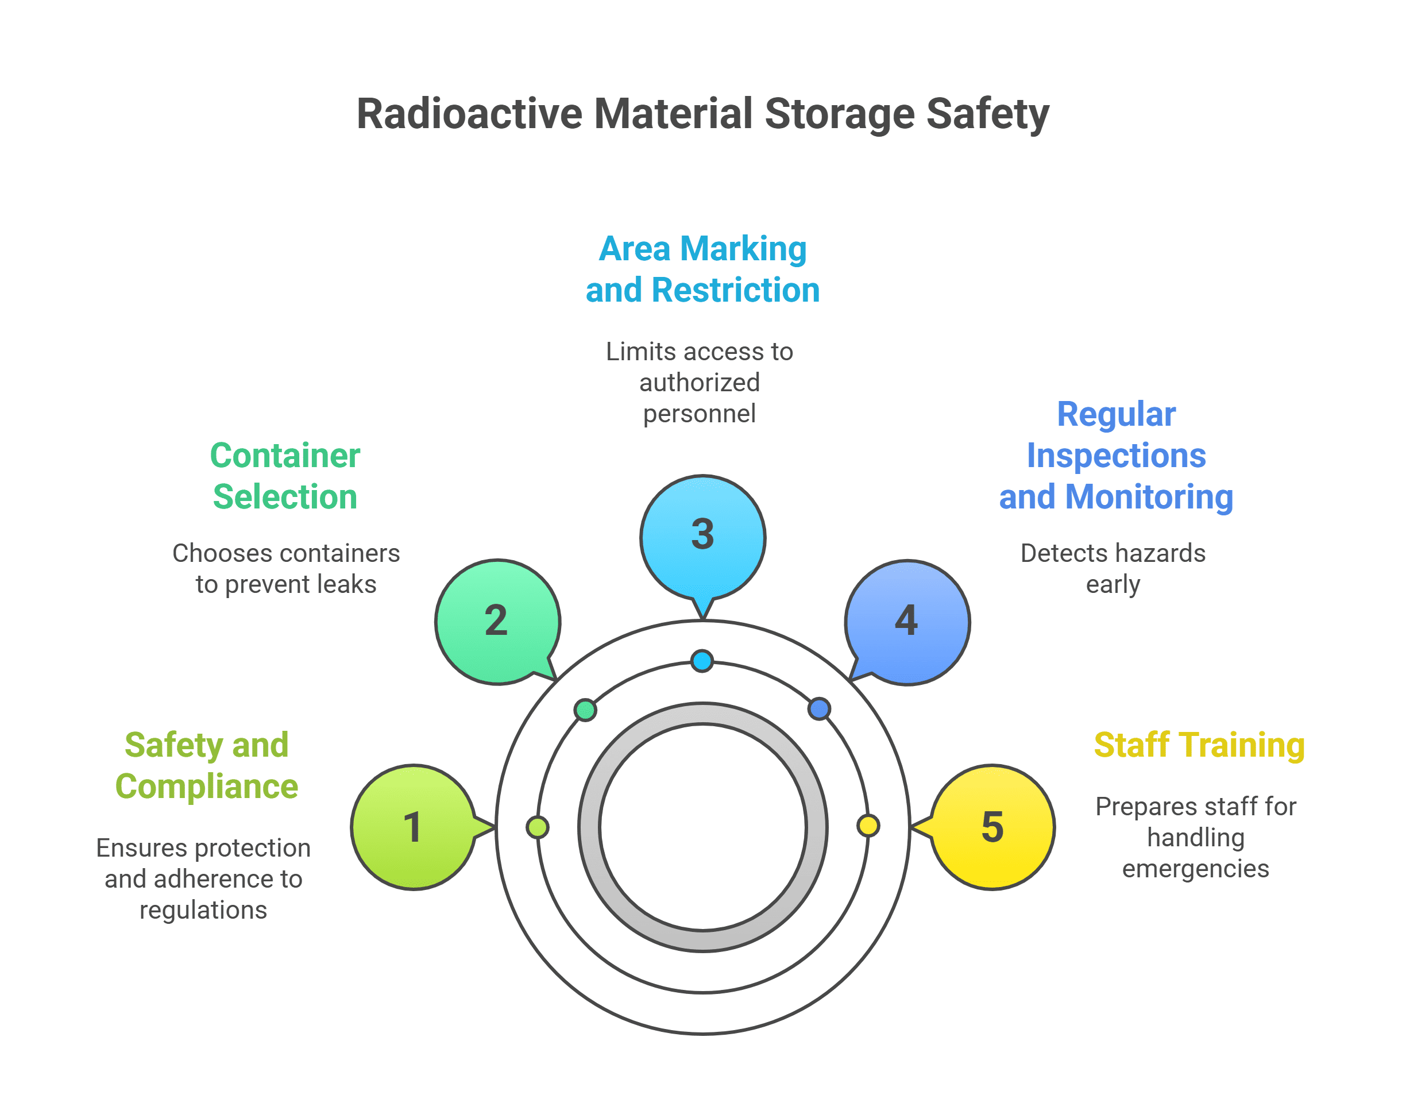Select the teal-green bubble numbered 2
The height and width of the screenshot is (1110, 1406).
(x=497, y=621)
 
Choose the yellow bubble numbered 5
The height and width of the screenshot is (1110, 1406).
(x=992, y=827)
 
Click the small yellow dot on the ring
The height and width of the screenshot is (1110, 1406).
(x=868, y=826)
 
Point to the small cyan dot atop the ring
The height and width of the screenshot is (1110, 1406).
(x=702, y=661)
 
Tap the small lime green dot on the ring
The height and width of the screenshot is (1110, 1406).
(x=538, y=827)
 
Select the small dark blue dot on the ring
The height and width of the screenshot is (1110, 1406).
(x=818, y=708)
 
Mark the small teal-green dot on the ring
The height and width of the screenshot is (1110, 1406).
(x=585, y=710)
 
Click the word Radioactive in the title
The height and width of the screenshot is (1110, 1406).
(x=469, y=114)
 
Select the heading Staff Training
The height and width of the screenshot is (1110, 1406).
(x=1199, y=745)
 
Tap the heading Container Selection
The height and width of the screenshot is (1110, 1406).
(x=284, y=476)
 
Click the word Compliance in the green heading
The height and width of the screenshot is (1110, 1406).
(x=207, y=787)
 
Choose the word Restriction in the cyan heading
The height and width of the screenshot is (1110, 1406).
(x=736, y=290)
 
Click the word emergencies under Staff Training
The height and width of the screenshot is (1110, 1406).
(x=1195, y=868)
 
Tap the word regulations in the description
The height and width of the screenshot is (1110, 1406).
(x=203, y=910)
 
